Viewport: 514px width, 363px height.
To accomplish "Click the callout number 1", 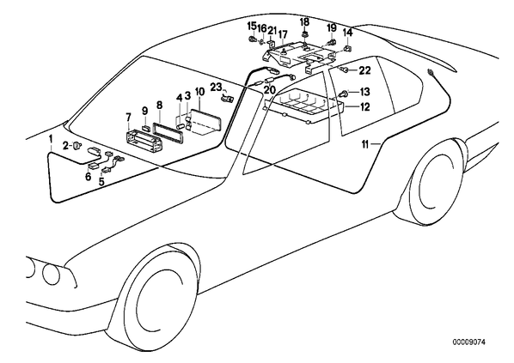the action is click(x=51, y=139).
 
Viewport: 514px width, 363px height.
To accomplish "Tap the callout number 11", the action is click(x=366, y=144).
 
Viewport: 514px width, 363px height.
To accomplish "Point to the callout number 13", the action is click(x=364, y=92).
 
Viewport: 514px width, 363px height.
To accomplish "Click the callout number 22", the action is click(x=364, y=70).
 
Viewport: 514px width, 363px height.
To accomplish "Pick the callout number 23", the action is click(x=217, y=87).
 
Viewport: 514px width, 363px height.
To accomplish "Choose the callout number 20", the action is click(x=271, y=89).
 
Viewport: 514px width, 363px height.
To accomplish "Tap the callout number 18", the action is click(x=304, y=22).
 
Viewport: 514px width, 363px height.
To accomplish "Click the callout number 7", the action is click(x=128, y=118).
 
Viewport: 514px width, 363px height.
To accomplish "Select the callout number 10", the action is click(x=199, y=92).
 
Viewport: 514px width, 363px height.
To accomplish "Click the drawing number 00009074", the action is click(x=469, y=342).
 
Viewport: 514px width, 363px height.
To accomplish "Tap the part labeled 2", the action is click(x=77, y=145).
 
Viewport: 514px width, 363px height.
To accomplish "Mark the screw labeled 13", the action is click(x=344, y=94).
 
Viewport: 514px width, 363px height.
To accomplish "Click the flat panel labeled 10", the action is click(x=206, y=122).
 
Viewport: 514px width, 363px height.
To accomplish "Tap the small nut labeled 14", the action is click(x=346, y=50).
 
